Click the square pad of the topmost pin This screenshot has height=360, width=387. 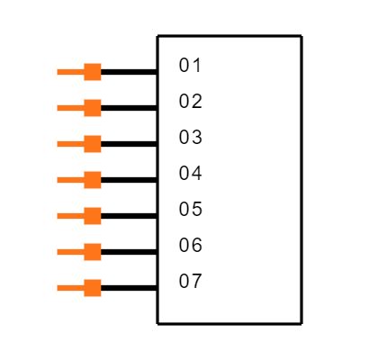coord(93,72)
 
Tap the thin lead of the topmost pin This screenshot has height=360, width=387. coord(70,72)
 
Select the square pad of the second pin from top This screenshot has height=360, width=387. coord(93,108)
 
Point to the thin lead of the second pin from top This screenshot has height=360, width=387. coord(70,108)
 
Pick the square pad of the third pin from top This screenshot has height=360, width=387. coord(93,144)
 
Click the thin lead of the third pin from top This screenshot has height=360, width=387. coord(70,144)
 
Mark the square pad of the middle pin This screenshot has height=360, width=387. coord(93,180)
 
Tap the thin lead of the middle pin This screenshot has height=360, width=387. coord(70,180)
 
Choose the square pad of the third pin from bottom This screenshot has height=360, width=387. coord(93,216)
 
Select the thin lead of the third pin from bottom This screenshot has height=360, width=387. coord(70,216)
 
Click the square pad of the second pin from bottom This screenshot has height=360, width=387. coord(93,252)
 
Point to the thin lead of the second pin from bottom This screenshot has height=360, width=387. coord(70,252)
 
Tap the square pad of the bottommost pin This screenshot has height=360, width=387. coord(93,288)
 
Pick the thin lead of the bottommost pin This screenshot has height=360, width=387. coord(70,288)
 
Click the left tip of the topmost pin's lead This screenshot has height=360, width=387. coord(58,72)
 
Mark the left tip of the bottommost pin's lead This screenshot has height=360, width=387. coord(58,288)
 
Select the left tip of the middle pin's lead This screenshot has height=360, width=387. coord(58,180)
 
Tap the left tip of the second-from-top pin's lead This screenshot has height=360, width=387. coord(58,108)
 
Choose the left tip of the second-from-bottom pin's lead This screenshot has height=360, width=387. coord(58,252)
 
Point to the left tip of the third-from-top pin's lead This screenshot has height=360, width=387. coord(58,144)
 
